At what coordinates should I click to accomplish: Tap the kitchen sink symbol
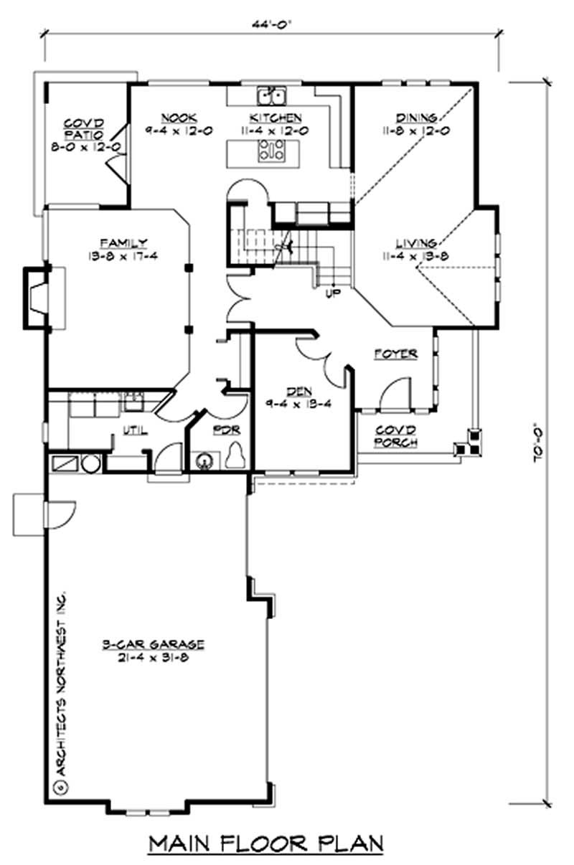pyautogui.click(x=272, y=95)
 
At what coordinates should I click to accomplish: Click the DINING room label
pyautogui.click(x=416, y=118)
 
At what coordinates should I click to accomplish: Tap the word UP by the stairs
pyautogui.click(x=333, y=293)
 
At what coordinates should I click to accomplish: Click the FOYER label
pyautogui.click(x=395, y=354)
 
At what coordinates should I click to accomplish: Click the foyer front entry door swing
pyautogui.click(x=393, y=394)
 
